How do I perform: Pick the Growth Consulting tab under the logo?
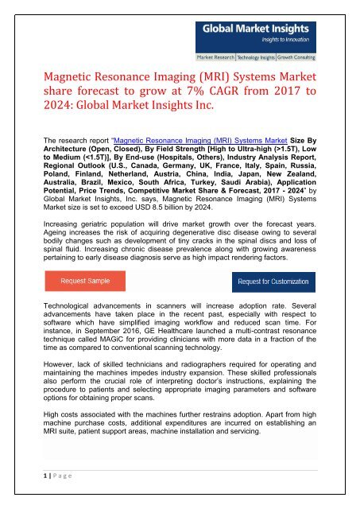[306, 58]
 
